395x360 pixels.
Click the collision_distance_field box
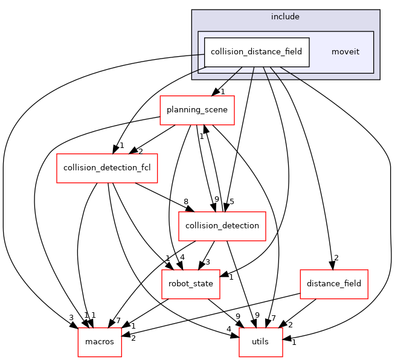[x=257, y=52]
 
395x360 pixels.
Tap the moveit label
[x=345, y=52]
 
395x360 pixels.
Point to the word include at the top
[x=285, y=16]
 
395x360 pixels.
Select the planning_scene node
[x=197, y=110]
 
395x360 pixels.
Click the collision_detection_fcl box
[x=107, y=168]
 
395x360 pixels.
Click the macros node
[x=99, y=342]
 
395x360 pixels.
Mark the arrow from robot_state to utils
[x=226, y=313]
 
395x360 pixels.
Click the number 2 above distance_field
[x=336, y=258]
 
